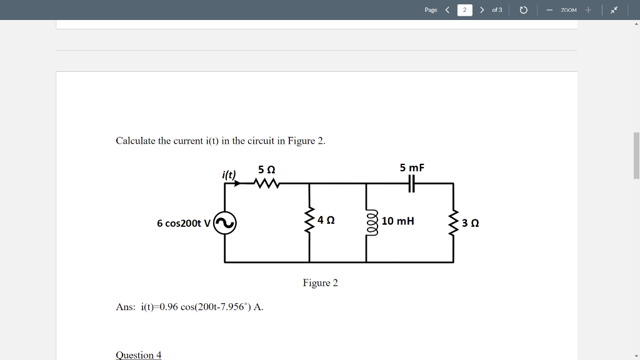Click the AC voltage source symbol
(225, 222)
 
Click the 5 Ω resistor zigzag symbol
(266, 184)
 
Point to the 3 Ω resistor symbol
(454, 222)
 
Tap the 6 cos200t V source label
(183, 223)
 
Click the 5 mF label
(412, 167)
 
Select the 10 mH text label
(397, 221)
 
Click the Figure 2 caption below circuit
(320, 283)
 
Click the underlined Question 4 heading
(139, 354)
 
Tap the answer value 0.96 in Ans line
(169, 307)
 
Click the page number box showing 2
(464, 10)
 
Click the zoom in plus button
(588, 10)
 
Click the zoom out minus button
(549, 10)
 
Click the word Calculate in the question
(136, 141)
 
